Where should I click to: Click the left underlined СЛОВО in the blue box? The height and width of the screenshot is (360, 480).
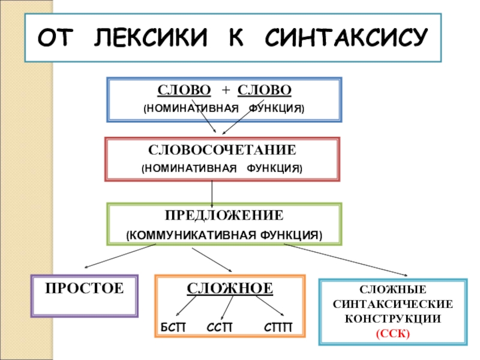(184, 91)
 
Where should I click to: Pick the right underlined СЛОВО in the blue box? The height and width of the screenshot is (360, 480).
(265, 91)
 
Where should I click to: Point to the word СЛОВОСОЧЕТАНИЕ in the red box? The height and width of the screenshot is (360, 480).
(223, 148)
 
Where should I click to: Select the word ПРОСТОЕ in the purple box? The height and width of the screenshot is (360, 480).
(85, 289)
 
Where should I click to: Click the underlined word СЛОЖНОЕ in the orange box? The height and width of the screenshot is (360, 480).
(230, 289)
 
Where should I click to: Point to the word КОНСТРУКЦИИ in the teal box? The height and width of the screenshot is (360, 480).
(393, 319)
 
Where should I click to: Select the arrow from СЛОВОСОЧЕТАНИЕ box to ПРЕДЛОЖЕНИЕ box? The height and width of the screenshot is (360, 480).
(212, 191)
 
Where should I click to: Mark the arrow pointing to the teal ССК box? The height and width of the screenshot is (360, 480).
(354, 260)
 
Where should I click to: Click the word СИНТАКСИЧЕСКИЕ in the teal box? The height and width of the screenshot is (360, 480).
(393, 305)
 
